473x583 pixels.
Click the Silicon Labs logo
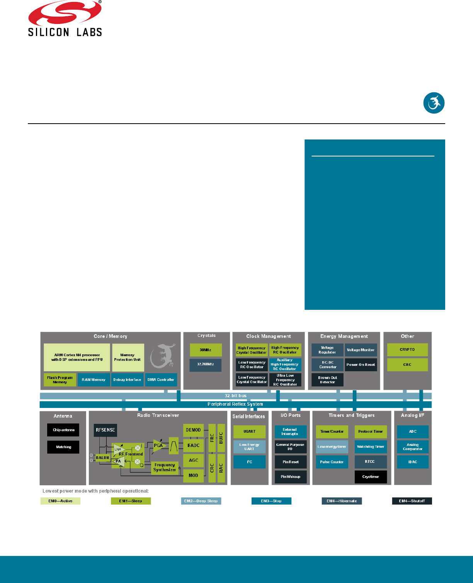pos(65,19)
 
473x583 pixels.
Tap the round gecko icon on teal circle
pos(434,103)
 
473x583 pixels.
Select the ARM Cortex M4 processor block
pos(77,357)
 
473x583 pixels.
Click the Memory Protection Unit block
pos(128,357)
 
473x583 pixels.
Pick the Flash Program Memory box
pos(60,380)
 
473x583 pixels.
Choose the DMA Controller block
pos(161,380)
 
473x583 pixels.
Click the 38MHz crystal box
pos(206,350)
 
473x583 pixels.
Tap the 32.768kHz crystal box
pos(206,364)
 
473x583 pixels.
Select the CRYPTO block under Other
pos(407,350)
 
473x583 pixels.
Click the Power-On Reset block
pos(361,365)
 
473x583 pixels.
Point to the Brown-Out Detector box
pos(327,380)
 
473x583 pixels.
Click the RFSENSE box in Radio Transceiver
pos(105,430)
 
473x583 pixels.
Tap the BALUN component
pos(103,458)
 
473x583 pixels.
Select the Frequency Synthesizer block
pos(165,467)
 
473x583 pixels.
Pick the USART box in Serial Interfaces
pos(249,432)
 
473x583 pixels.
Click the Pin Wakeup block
pos(291,477)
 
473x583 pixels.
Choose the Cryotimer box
pos(371,477)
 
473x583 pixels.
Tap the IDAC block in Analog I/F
pos(413,462)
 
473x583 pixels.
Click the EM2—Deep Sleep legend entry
pos(201,501)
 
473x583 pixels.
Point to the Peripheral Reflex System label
pos(235,405)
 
